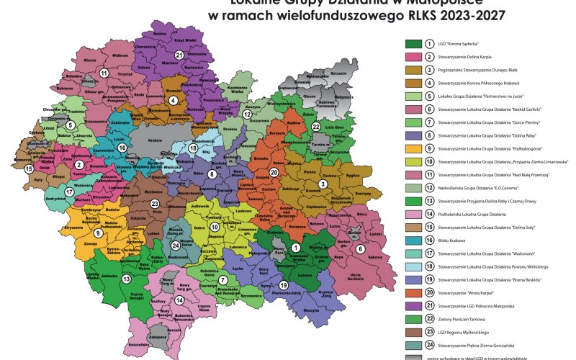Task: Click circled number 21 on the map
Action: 179,55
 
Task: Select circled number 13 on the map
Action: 126,279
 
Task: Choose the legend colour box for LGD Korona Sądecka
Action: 413,43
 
